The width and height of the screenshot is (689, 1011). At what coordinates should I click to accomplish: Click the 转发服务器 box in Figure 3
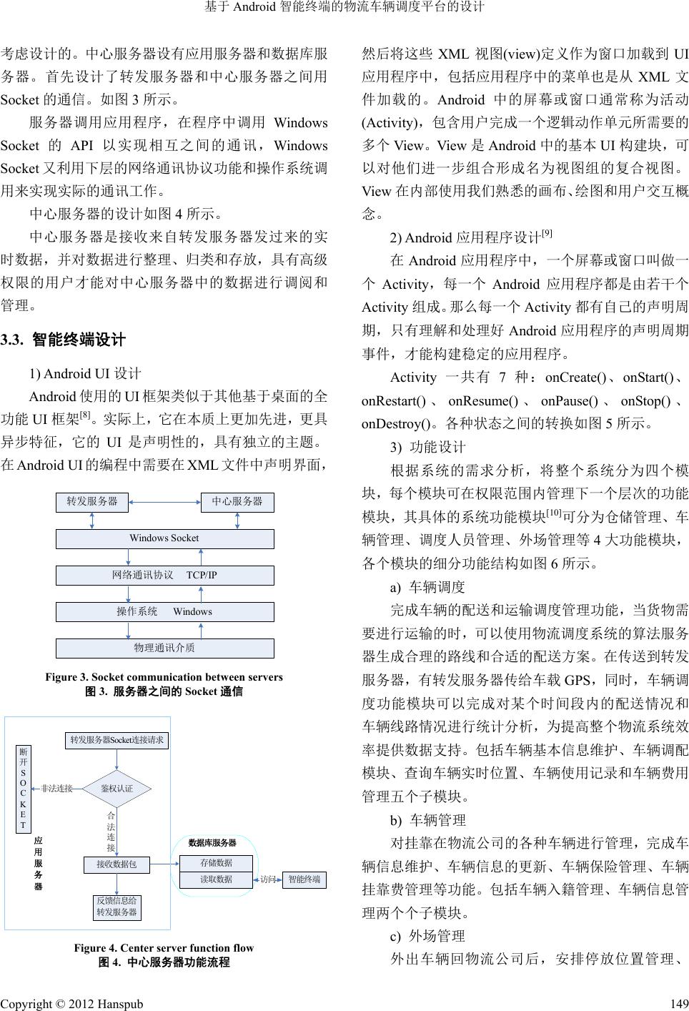tap(92, 502)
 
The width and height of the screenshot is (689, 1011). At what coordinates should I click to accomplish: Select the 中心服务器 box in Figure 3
tap(237, 502)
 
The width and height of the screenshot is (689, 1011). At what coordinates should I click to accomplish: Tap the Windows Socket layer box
tap(164, 538)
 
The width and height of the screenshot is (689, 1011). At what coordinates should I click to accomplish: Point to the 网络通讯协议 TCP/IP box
tap(164, 576)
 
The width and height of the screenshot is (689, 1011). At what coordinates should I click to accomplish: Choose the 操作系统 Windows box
tap(164, 612)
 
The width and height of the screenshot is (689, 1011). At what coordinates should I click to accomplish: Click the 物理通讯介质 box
tap(164, 648)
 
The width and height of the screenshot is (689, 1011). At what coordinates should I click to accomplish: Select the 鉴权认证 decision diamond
tap(117, 788)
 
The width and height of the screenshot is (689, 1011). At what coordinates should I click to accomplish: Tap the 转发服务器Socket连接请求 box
tap(117, 740)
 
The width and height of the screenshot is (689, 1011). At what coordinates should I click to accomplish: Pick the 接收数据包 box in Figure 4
tap(117, 864)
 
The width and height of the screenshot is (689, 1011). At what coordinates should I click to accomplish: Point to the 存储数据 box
tap(216, 863)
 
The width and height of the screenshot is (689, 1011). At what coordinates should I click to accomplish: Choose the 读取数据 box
tap(216, 879)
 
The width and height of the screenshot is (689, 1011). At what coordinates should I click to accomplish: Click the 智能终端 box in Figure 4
tap(304, 879)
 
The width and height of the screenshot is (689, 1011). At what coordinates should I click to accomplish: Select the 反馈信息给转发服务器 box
tap(117, 907)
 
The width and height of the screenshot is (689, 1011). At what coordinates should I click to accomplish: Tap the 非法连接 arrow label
tap(57, 789)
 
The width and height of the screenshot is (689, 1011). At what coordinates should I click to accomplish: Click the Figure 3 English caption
tap(164, 677)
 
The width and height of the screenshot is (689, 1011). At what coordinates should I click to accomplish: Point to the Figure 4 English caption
tap(164, 948)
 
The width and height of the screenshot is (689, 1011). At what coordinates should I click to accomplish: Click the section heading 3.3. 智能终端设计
tap(64, 340)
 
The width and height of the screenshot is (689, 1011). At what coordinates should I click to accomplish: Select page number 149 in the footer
tap(680, 1004)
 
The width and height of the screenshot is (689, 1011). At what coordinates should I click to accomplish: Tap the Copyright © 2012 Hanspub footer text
tap(71, 1004)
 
